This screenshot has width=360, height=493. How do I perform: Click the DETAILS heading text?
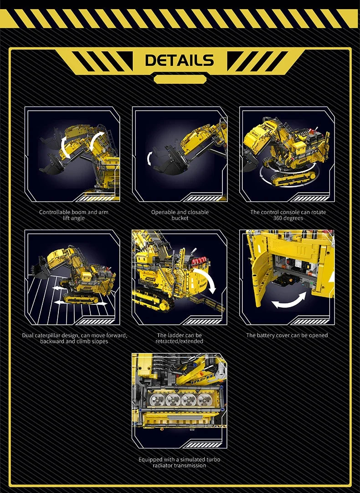pyautogui.click(x=180, y=60)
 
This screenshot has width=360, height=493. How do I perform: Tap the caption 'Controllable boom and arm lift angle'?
pyautogui.click(x=74, y=215)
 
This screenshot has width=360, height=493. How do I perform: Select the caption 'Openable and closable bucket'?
pyautogui.click(x=180, y=215)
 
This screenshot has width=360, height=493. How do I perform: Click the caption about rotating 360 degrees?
pyautogui.click(x=288, y=215)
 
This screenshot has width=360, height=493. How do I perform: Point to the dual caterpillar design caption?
pyautogui.click(x=74, y=338)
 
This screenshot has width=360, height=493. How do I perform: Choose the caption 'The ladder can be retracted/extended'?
pyautogui.click(x=180, y=338)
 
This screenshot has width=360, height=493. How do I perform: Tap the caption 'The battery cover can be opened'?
pyautogui.click(x=287, y=335)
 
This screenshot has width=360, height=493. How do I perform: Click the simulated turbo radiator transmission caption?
pyautogui.click(x=180, y=462)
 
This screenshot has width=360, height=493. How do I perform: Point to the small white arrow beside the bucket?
pyautogui.click(x=149, y=158)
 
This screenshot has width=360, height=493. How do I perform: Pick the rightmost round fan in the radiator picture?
pyautogui.click(x=204, y=400)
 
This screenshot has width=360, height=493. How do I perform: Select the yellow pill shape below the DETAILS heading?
pyautogui.click(x=180, y=79)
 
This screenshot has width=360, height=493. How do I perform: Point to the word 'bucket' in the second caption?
pyautogui.click(x=180, y=218)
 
